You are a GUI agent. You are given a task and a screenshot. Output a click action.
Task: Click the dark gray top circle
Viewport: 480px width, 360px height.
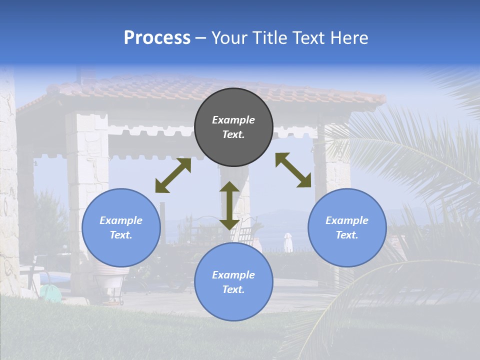point(233,127)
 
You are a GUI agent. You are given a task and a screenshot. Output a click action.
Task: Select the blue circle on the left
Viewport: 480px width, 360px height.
point(121,227)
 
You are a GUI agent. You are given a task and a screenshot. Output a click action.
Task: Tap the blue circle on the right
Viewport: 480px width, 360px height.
point(347,227)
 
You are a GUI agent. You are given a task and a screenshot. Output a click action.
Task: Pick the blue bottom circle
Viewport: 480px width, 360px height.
point(233,282)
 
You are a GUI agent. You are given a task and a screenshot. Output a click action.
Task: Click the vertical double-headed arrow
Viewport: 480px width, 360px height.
point(229,205)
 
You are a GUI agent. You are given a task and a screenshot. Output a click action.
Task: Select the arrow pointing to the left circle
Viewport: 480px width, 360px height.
point(173,175)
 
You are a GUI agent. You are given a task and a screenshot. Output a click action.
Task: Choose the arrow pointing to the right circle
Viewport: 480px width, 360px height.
point(293,170)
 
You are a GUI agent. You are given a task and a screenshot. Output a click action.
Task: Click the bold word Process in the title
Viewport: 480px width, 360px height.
point(157,37)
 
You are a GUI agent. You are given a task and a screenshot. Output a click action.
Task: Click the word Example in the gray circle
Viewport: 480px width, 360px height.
point(233,120)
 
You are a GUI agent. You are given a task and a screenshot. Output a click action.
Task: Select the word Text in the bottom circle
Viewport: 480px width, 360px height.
point(233,289)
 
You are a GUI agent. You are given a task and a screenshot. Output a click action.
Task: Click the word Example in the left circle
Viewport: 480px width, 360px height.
point(121,220)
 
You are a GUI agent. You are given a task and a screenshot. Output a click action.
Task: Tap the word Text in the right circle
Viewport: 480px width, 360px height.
point(347,235)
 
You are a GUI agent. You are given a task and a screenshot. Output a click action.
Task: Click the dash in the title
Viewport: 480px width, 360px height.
point(200,38)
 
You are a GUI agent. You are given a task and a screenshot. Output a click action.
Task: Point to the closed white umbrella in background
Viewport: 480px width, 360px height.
point(288,242)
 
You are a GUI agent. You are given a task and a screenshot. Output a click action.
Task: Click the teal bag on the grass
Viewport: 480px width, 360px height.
point(50,293)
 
